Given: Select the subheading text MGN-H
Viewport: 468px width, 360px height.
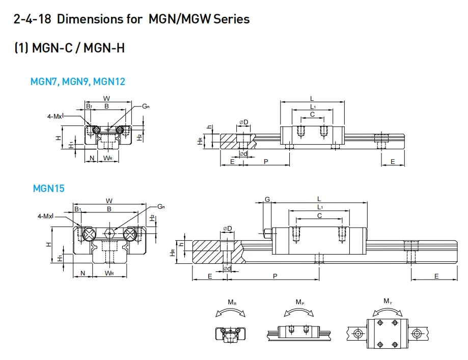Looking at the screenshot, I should (104, 48).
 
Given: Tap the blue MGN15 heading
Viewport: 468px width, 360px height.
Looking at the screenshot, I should (49, 188).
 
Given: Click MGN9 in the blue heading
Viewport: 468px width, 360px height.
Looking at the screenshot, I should (76, 81).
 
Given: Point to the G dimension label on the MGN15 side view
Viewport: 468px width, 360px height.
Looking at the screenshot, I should (267, 199).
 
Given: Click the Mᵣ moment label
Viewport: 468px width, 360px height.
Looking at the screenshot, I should (232, 302).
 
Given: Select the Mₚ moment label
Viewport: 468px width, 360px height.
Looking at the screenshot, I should (300, 302).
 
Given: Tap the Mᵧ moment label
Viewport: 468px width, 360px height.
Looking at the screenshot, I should (388, 301).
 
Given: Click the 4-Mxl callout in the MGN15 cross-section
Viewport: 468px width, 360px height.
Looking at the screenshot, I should (45, 216).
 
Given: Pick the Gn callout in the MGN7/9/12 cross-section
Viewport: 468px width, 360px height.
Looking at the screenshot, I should (146, 106).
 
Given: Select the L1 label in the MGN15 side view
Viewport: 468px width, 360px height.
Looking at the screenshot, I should (319, 207).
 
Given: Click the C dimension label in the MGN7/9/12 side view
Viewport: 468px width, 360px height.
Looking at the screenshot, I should (312, 115).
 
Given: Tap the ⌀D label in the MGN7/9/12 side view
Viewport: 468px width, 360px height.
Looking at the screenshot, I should (244, 122).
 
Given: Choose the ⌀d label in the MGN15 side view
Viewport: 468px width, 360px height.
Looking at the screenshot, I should (227, 268).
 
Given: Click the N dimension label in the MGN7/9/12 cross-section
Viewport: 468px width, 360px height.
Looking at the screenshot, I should (92, 158).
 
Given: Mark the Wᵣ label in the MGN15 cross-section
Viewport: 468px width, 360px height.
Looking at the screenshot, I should (109, 273).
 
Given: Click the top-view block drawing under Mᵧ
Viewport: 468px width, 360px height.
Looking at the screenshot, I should (387, 333).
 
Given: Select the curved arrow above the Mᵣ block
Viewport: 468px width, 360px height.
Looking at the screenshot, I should (232, 312).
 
